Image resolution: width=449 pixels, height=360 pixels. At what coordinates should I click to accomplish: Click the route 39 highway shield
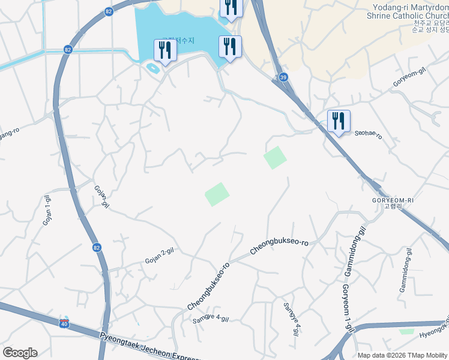coord(283,77)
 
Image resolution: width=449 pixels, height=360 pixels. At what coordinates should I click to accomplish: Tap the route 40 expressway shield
coord(64,324)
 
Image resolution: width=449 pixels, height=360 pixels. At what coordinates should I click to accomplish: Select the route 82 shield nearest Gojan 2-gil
coord(97,247)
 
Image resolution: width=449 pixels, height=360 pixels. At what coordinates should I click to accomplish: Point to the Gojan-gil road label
coord(101,196)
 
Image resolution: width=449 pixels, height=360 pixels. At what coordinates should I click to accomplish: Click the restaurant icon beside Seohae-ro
coord(339,122)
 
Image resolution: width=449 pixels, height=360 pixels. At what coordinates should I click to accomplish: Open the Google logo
coord(20,353)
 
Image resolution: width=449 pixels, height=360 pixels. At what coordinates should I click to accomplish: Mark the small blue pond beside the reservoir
coord(152,68)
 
